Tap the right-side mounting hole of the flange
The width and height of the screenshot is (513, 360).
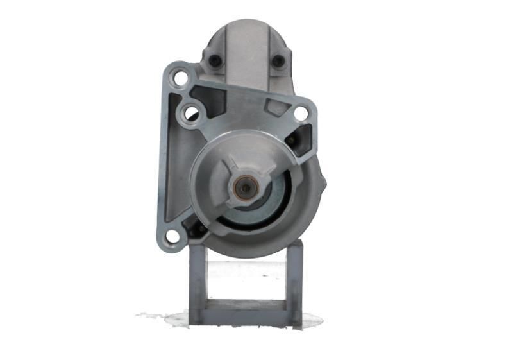pos(300,114)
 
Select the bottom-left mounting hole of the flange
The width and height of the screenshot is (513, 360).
pos(172,236)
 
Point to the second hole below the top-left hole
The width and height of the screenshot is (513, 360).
pos(191,114)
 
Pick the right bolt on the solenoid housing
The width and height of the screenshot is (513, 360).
pos(278,61)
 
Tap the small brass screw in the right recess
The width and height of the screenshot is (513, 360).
pos(292,139)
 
